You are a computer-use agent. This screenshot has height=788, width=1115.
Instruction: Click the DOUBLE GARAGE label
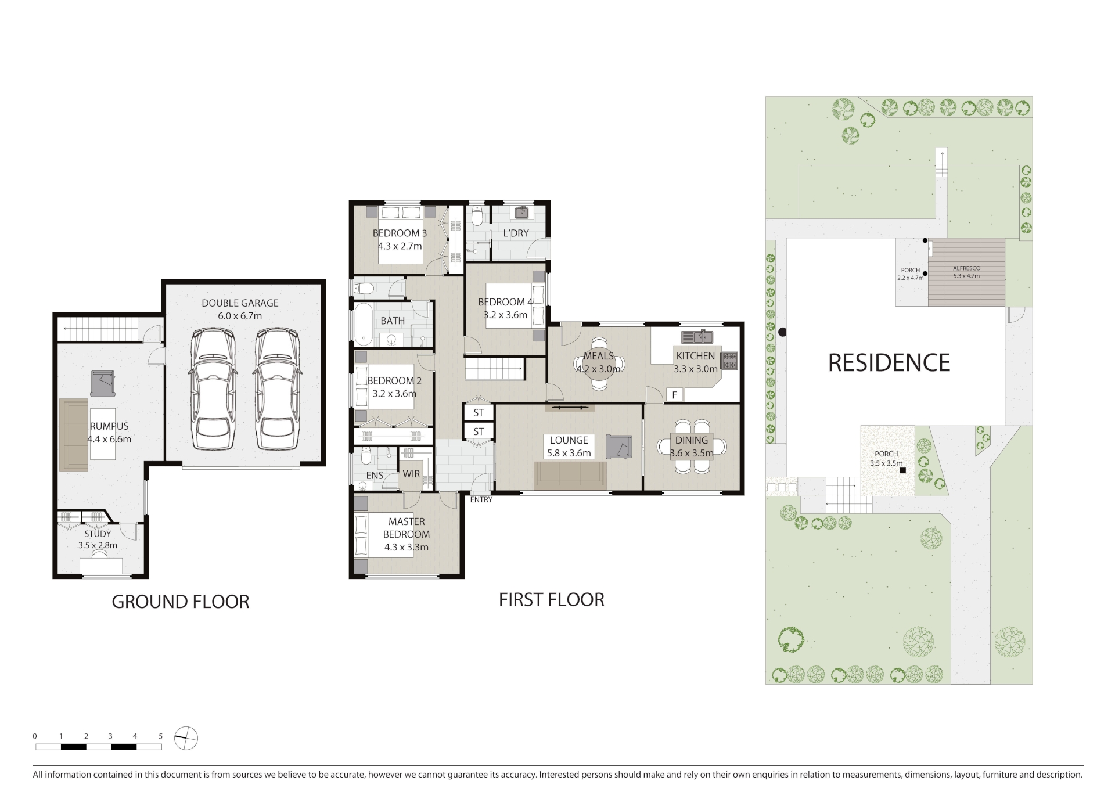coord(240,303)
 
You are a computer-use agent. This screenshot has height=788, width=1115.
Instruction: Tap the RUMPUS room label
coord(109,426)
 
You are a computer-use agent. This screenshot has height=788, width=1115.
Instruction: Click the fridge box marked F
coord(675,395)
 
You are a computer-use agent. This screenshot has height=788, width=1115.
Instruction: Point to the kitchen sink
coord(697,336)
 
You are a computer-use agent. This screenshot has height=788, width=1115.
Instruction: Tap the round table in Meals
coord(598,364)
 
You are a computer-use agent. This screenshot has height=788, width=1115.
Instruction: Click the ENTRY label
coord(481,499)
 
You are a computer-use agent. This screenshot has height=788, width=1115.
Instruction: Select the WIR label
coord(411,474)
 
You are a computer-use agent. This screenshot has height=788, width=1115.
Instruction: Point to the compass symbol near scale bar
coord(186,739)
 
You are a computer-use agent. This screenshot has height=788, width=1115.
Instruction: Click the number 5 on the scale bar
coord(161,736)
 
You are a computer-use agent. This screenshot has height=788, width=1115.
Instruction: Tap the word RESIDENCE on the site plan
coord(889,363)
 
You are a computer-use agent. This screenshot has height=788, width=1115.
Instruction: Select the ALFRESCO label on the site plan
coord(966,268)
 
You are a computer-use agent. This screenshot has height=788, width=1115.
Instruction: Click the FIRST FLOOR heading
coord(551,599)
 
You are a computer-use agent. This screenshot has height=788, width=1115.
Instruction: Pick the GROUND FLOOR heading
coord(180,602)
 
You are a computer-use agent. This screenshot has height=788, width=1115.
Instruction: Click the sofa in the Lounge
coord(570,475)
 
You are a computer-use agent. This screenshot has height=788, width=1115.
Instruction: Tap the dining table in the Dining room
coord(692,446)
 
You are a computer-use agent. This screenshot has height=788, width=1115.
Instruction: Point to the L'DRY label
coord(516,233)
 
